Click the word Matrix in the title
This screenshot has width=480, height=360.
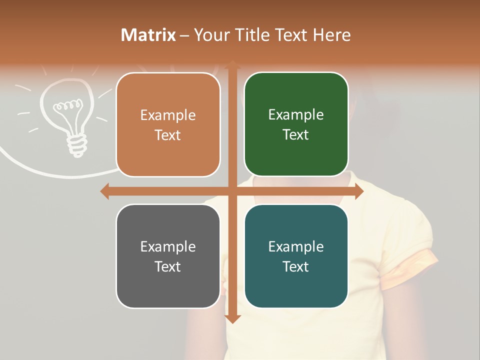tap(148, 35)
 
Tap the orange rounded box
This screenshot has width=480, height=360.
tap(168, 124)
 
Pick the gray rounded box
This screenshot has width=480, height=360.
tap(168, 256)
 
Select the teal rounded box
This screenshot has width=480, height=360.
tap(296, 256)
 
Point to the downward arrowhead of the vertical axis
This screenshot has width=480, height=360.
tap(232, 318)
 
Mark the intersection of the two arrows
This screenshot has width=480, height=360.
tap(232, 191)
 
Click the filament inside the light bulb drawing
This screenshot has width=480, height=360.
tap(67, 105)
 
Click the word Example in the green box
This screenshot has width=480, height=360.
tap(296, 114)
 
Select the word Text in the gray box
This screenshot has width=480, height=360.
tap(168, 266)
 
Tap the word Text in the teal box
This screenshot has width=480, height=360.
tap(296, 266)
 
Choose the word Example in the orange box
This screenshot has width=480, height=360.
tap(168, 115)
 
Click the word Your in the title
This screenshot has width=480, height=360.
tap(210, 35)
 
